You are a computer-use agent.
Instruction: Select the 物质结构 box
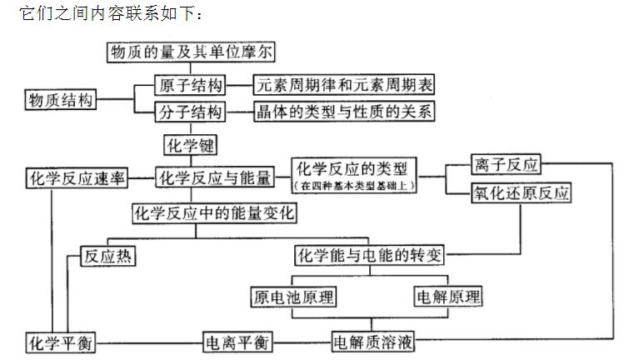pos(60,100)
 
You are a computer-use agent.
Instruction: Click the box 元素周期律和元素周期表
pos(344,85)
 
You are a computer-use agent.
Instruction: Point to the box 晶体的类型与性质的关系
pos(344,112)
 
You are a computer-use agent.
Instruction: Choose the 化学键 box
pos(190,145)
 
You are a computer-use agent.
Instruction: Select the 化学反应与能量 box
pos(215,177)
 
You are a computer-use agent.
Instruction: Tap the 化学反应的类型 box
pos(353,169)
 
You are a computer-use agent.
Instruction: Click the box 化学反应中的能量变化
pos(215,213)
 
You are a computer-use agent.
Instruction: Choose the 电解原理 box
pos(448,296)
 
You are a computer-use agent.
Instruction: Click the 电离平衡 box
pos(237,342)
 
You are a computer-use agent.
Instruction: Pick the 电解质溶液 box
pos(374,342)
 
